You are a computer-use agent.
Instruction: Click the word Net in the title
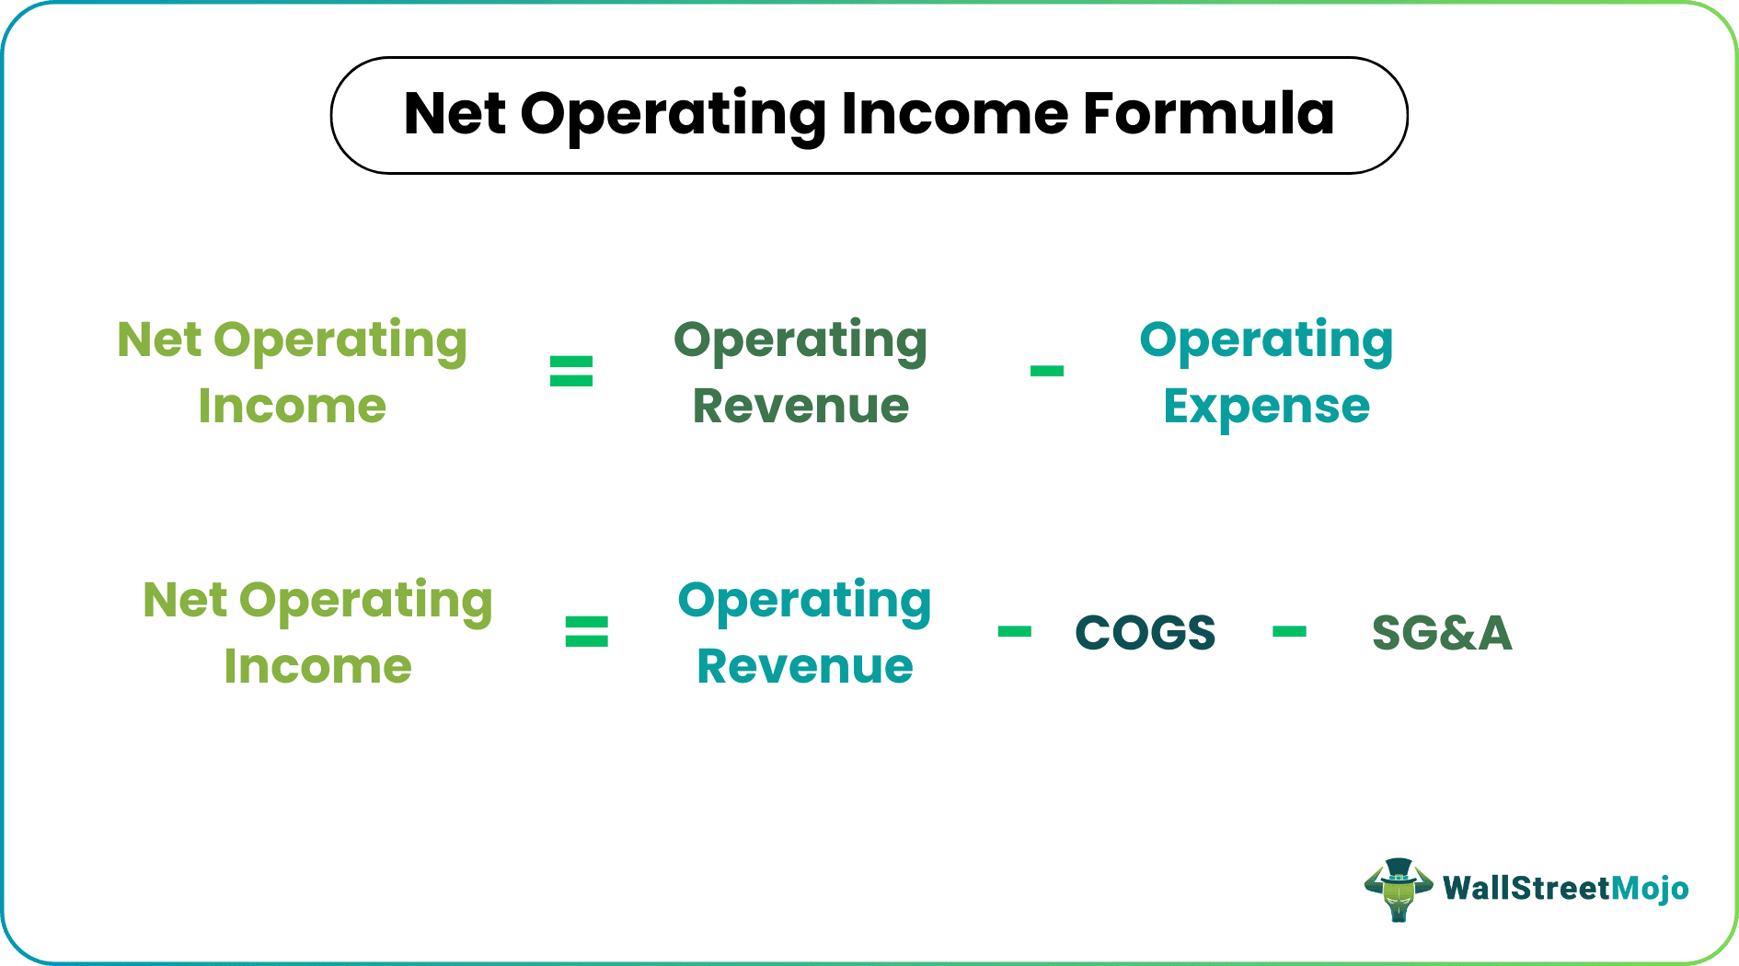[x=455, y=114]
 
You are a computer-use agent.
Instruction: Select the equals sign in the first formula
[x=571, y=372]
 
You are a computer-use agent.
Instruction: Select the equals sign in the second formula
[x=586, y=632]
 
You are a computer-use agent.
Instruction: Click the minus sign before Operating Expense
[x=1046, y=372]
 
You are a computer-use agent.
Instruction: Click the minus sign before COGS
[x=1014, y=632]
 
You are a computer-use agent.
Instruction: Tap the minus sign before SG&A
[x=1289, y=632]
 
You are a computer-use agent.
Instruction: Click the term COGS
[x=1146, y=633]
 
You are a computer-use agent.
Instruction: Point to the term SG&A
[x=1442, y=633]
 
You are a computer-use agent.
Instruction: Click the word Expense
[x=1266, y=407]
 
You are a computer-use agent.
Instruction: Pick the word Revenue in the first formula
[x=800, y=407]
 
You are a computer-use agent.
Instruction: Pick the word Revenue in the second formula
[x=805, y=666]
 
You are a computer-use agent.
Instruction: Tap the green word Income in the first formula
[x=293, y=407]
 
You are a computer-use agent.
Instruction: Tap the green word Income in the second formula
[x=317, y=666]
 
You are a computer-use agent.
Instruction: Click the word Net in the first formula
[x=158, y=340]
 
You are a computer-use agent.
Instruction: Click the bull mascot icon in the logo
[x=1398, y=890]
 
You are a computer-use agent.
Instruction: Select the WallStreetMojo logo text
[x=1565, y=889]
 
